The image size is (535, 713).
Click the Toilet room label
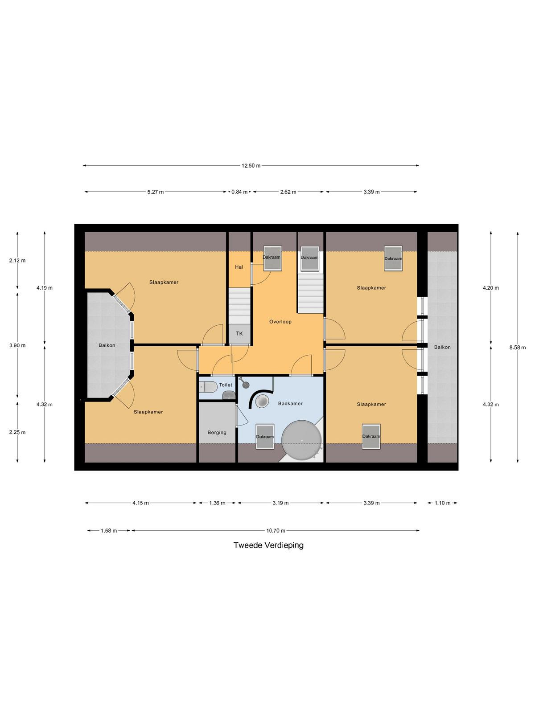tap(226, 385)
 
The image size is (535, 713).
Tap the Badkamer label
tap(290, 403)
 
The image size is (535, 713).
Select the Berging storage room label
tap(217, 432)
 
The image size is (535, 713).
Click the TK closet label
tap(239, 333)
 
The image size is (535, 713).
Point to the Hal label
tap(239, 267)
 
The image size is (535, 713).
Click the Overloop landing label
tap(280, 322)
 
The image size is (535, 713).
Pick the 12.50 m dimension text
tap(251, 166)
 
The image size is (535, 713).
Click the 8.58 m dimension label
tap(518, 347)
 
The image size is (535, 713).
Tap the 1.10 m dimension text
tap(442, 503)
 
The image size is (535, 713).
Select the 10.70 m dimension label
tap(276, 531)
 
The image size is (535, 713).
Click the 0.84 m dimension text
tap(239, 192)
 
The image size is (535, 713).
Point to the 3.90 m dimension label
tap(17, 345)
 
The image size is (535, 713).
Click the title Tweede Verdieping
tap(268, 545)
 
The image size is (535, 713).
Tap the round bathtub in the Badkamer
tap(302, 440)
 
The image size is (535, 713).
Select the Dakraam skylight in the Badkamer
tap(265, 437)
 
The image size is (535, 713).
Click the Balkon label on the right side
tap(442, 347)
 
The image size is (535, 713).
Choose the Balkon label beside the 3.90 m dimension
tap(107, 345)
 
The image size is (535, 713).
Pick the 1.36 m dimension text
tap(217, 503)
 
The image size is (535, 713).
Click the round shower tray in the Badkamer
tap(262, 402)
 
